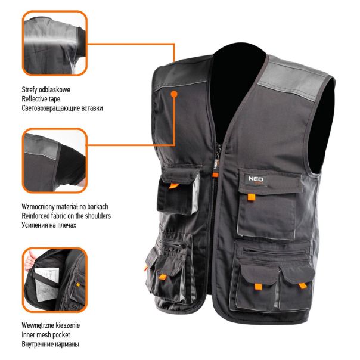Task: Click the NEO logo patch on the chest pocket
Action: pyautogui.click(x=256, y=179)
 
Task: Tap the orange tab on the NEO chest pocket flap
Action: pyautogui.click(x=252, y=197)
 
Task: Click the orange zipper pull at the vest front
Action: pyautogui.click(x=215, y=175)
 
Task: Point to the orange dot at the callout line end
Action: pyautogui.click(x=174, y=94)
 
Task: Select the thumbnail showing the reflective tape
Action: pyautogui.click(x=55, y=43)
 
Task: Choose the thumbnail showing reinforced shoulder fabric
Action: pyautogui.click(x=55, y=160)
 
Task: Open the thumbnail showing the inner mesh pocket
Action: pyautogui.click(x=55, y=280)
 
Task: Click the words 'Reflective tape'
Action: pyautogui.click(x=41, y=99)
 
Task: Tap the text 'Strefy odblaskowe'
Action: pyautogui.click(x=46, y=89)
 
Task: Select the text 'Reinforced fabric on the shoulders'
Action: pyautogui.click(x=66, y=216)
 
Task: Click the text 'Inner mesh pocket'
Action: pyautogui.click(x=46, y=335)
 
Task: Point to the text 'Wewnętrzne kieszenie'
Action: pyautogui.click(x=51, y=325)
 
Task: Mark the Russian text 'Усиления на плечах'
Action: pyautogui.click(x=49, y=225)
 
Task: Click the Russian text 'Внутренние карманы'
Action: pyautogui.click(x=50, y=344)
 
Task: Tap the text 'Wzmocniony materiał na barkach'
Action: pyautogui.click(x=65, y=207)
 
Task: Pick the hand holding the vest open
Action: pyautogui.click(x=29, y=261)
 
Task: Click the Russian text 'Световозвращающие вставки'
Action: pyautogui.click(x=62, y=108)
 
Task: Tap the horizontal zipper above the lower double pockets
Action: pyautogui.click(x=274, y=252)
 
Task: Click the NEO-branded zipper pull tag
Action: pyautogui.click(x=216, y=164)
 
